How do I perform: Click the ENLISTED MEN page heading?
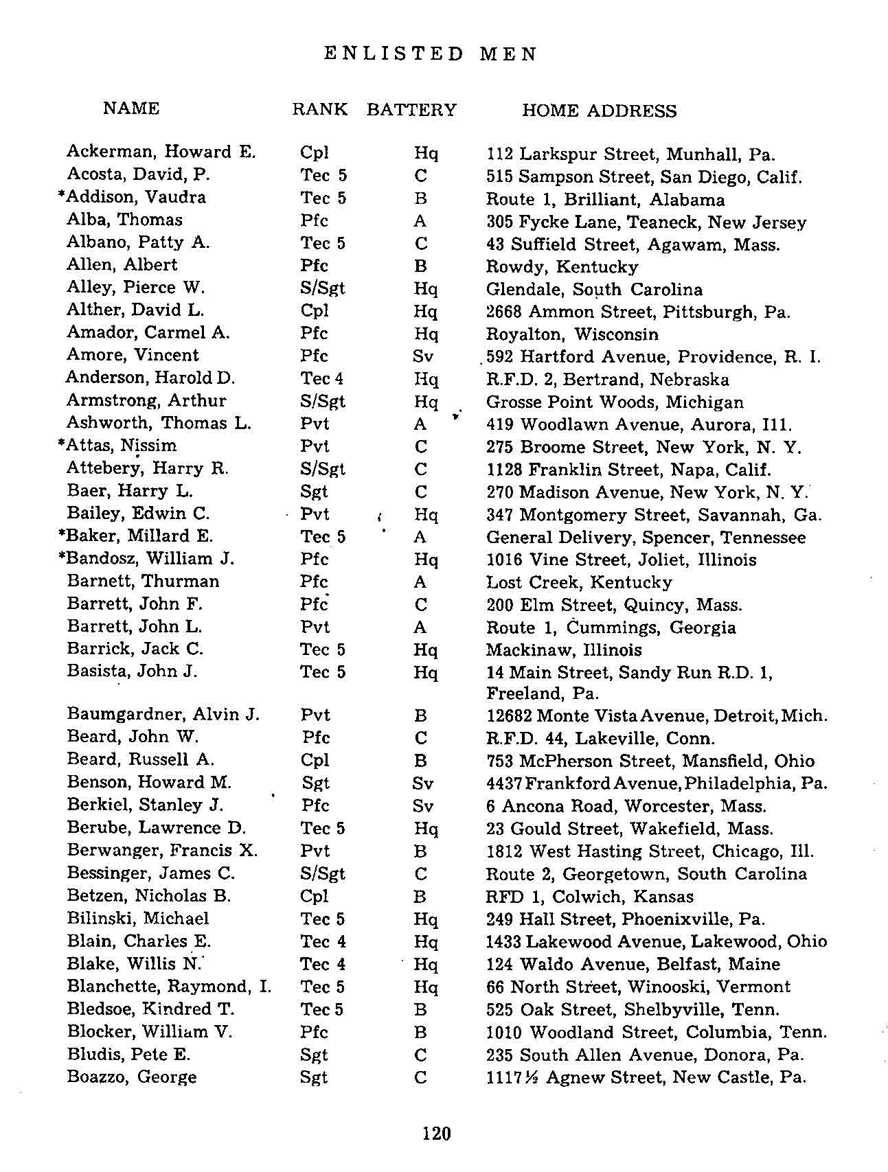point(431,54)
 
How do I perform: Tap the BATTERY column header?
point(411,110)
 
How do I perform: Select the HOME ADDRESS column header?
point(599,111)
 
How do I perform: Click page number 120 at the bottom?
point(436,1132)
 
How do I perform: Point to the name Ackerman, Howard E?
point(161,152)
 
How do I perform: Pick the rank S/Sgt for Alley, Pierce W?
point(322,288)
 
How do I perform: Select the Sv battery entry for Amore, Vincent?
point(422,356)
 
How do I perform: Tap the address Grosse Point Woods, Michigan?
point(614,402)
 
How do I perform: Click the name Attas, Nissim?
point(121,446)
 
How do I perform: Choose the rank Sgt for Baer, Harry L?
point(314,492)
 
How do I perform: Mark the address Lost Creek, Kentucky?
point(578,582)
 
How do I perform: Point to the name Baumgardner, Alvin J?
point(163,715)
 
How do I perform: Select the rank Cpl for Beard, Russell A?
point(315,760)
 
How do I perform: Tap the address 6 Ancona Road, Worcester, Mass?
point(626,805)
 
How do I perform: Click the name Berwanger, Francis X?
point(162,850)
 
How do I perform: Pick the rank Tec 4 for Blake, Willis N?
point(322,964)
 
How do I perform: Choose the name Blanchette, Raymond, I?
point(169,987)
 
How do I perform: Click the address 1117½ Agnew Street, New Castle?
point(645,1077)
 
